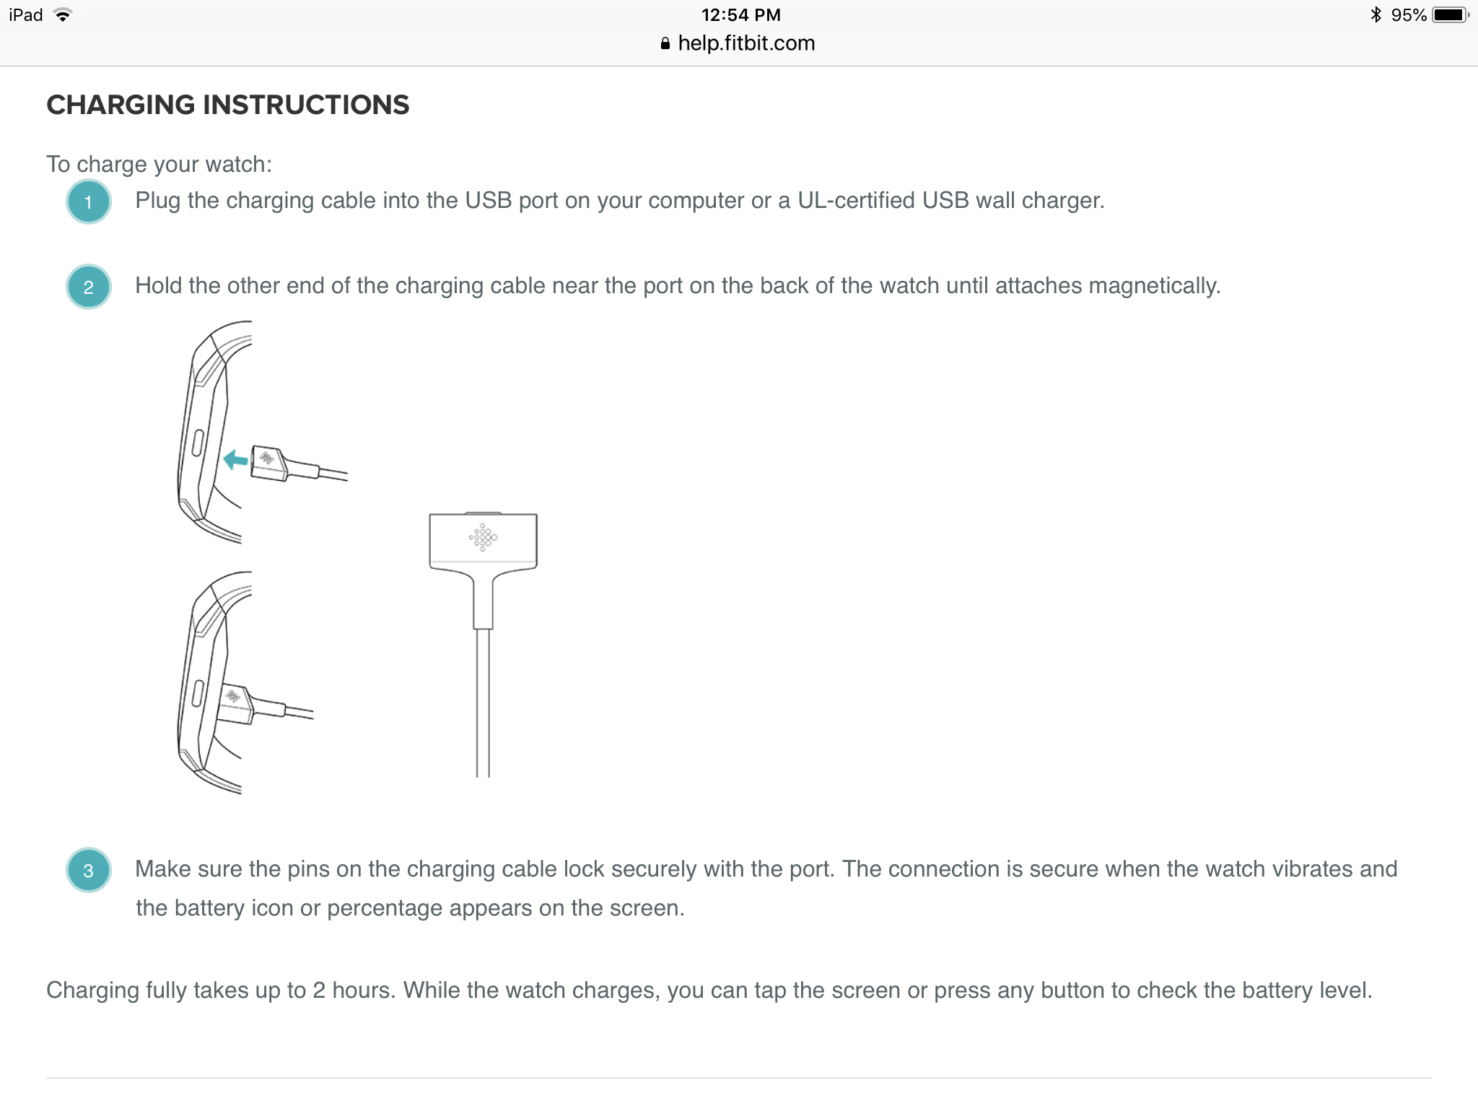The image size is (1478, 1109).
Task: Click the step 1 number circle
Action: [x=88, y=201]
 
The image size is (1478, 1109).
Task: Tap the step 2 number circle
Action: [x=88, y=287]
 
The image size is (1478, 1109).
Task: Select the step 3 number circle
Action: [x=88, y=870]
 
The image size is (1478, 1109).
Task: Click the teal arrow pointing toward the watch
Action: [x=235, y=459]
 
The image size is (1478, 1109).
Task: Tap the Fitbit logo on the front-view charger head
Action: [x=483, y=537]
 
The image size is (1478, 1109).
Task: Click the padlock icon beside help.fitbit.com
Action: [x=665, y=43]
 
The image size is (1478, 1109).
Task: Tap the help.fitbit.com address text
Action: [x=746, y=43]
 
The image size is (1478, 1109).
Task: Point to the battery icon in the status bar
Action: [x=1450, y=15]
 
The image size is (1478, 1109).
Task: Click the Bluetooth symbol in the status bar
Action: [x=1376, y=14]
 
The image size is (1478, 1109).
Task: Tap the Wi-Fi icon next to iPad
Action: [x=63, y=14]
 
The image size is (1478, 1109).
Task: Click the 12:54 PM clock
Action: [x=741, y=15]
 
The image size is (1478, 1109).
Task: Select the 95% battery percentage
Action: [x=1409, y=15]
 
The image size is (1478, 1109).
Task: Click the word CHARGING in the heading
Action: [x=121, y=105]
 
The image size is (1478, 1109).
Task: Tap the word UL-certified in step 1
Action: [x=856, y=200]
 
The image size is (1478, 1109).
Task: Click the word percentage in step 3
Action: [x=429, y=909]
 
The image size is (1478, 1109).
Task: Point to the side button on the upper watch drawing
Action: [x=197, y=442]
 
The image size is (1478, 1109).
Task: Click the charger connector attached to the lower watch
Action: [x=235, y=704]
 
